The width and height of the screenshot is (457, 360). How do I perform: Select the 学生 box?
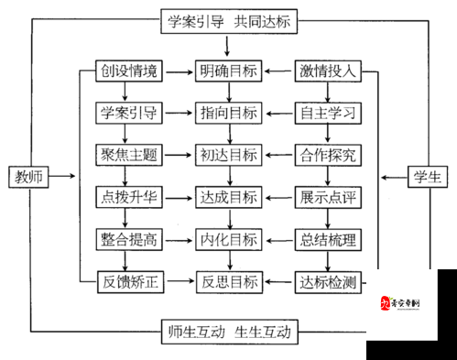(x=427, y=175)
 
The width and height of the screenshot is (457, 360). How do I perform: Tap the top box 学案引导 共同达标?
(x=225, y=21)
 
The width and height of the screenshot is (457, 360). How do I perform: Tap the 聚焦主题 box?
(x=129, y=155)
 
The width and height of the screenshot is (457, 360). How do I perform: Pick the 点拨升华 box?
(x=129, y=197)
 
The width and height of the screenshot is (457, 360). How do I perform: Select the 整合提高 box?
(x=129, y=240)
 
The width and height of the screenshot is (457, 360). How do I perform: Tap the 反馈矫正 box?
(x=129, y=281)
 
